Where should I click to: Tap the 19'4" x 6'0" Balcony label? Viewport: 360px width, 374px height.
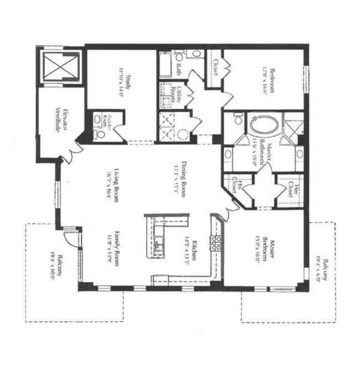tap(323, 271)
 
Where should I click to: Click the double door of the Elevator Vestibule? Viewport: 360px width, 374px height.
tap(71, 153)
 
